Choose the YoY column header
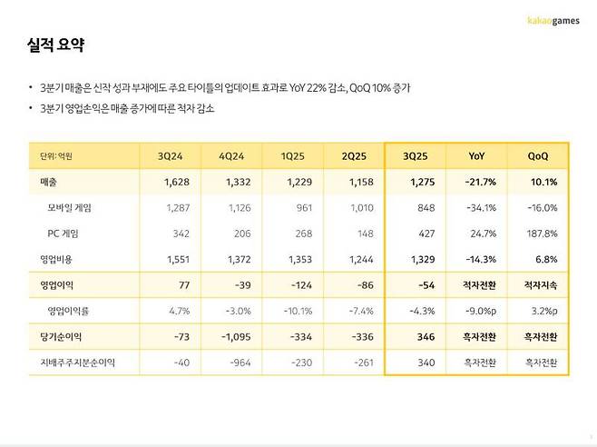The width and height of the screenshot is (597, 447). (x=479, y=156)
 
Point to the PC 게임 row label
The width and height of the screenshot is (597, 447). (x=64, y=233)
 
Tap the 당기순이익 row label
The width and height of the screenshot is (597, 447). (x=51, y=337)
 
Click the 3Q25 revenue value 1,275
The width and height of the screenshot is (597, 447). (x=422, y=183)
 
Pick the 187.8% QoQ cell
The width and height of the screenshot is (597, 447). (x=542, y=233)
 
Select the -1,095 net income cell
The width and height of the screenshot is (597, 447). (x=239, y=337)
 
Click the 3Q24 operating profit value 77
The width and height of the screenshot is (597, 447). (x=181, y=285)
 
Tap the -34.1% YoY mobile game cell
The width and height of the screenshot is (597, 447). (x=480, y=208)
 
